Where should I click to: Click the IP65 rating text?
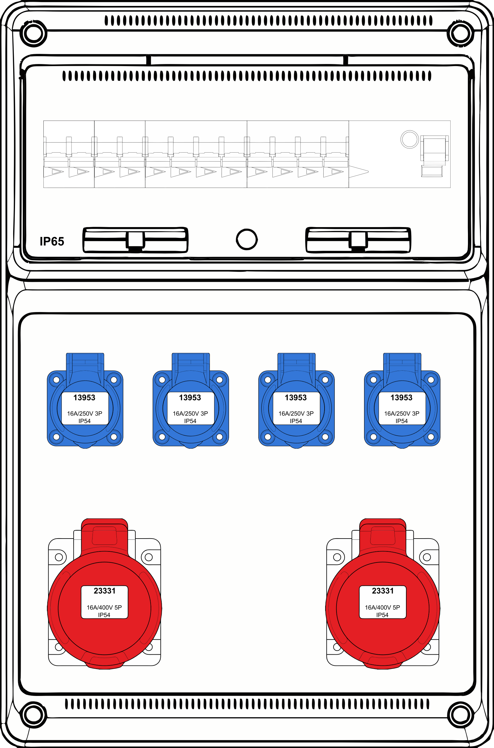tap(52, 241)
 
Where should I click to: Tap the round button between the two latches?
tap(247, 239)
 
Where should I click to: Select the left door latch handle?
tap(135, 240)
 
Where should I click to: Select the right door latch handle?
tap(358, 240)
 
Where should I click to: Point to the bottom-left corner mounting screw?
tap(34, 714)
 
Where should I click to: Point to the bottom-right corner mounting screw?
tap(460, 714)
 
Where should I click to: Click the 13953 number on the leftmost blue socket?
tap(84, 398)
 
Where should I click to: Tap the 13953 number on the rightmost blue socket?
tap(401, 398)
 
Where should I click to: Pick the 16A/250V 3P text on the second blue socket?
tap(190, 413)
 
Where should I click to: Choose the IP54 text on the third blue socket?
tap(296, 421)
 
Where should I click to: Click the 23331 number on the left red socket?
tap(104, 591)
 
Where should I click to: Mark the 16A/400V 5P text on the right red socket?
tap(382, 607)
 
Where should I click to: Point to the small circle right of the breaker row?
tap(410, 139)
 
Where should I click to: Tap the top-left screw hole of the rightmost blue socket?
tap(373, 380)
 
